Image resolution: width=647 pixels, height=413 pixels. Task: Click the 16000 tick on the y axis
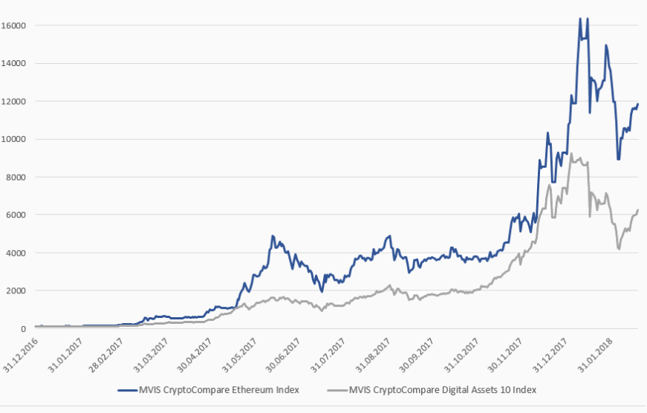pyautogui.click(x=14, y=25)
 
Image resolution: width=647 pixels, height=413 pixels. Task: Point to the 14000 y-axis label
pyautogui.click(x=14, y=63)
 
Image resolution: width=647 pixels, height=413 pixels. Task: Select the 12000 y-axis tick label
pyautogui.click(x=14, y=101)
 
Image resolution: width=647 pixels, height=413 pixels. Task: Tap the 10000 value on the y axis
pyautogui.click(x=14, y=139)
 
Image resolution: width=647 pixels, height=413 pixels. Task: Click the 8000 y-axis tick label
pyautogui.click(x=16, y=177)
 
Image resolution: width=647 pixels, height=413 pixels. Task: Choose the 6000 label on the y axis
pyautogui.click(x=16, y=215)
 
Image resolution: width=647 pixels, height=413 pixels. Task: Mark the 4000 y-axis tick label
pyautogui.click(x=16, y=253)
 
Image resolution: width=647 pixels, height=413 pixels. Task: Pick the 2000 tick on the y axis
pyautogui.click(x=16, y=290)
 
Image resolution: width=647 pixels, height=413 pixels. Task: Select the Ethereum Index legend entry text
pyautogui.click(x=220, y=389)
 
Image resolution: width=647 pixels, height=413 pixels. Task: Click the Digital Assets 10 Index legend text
pyautogui.click(x=442, y=389)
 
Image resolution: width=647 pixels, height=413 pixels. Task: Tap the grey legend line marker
pyautogui.click(x=335, y=389)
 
